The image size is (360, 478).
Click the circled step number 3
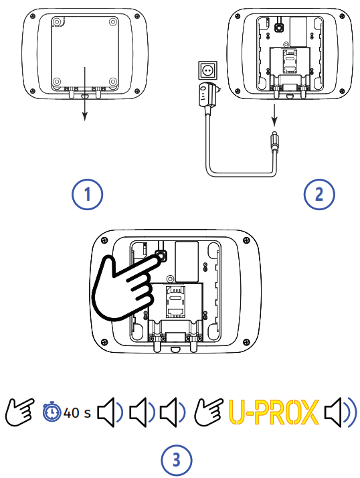pyautogui.click(x=177, y=461)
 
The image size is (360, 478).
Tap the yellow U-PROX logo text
pyautogui.click(x=272, y=413)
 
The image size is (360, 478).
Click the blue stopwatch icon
pyautogui.click(x=52, y=412)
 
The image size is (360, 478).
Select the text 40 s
pyautogui.click(x=77, y=413)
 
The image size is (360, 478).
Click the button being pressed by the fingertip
pyautogui.click(x=161, y=255)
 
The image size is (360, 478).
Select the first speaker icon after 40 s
pyautogui.click(x=110, y=413)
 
